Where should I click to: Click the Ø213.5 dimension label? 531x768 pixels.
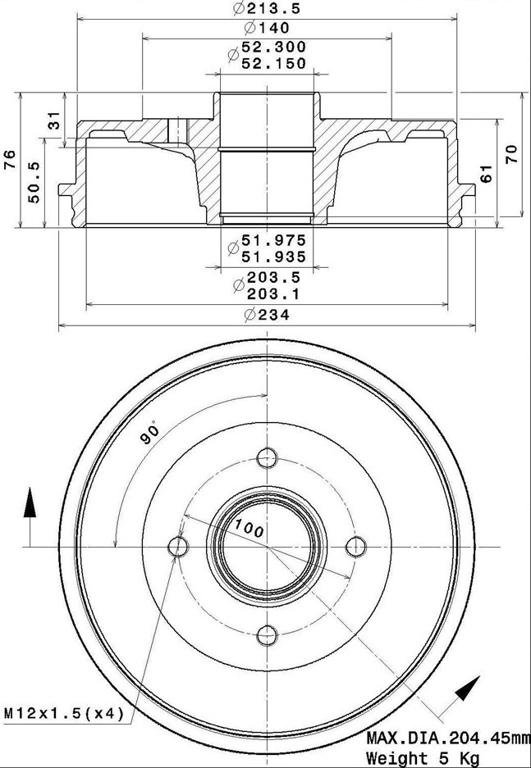267,8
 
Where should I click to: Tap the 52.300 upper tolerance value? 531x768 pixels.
273,47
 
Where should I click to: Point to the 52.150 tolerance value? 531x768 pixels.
273,63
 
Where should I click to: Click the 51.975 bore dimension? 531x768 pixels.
273,240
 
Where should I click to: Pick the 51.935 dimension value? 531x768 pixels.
273,257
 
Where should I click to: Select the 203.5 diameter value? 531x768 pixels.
273,277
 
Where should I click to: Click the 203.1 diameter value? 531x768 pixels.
273,294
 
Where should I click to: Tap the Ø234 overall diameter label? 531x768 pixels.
267,315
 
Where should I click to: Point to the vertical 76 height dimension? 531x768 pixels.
11,160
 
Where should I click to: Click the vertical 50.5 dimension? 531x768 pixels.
34,182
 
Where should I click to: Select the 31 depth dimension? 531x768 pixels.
56,120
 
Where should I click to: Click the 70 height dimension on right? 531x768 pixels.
511,154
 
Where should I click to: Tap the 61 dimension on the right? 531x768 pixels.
486,174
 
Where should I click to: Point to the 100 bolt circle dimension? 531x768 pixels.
249,528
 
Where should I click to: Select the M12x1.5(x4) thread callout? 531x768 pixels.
64,713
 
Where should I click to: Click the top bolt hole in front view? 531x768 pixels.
268,458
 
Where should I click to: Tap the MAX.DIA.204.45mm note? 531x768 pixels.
448,738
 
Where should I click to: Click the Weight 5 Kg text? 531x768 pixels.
423,757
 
